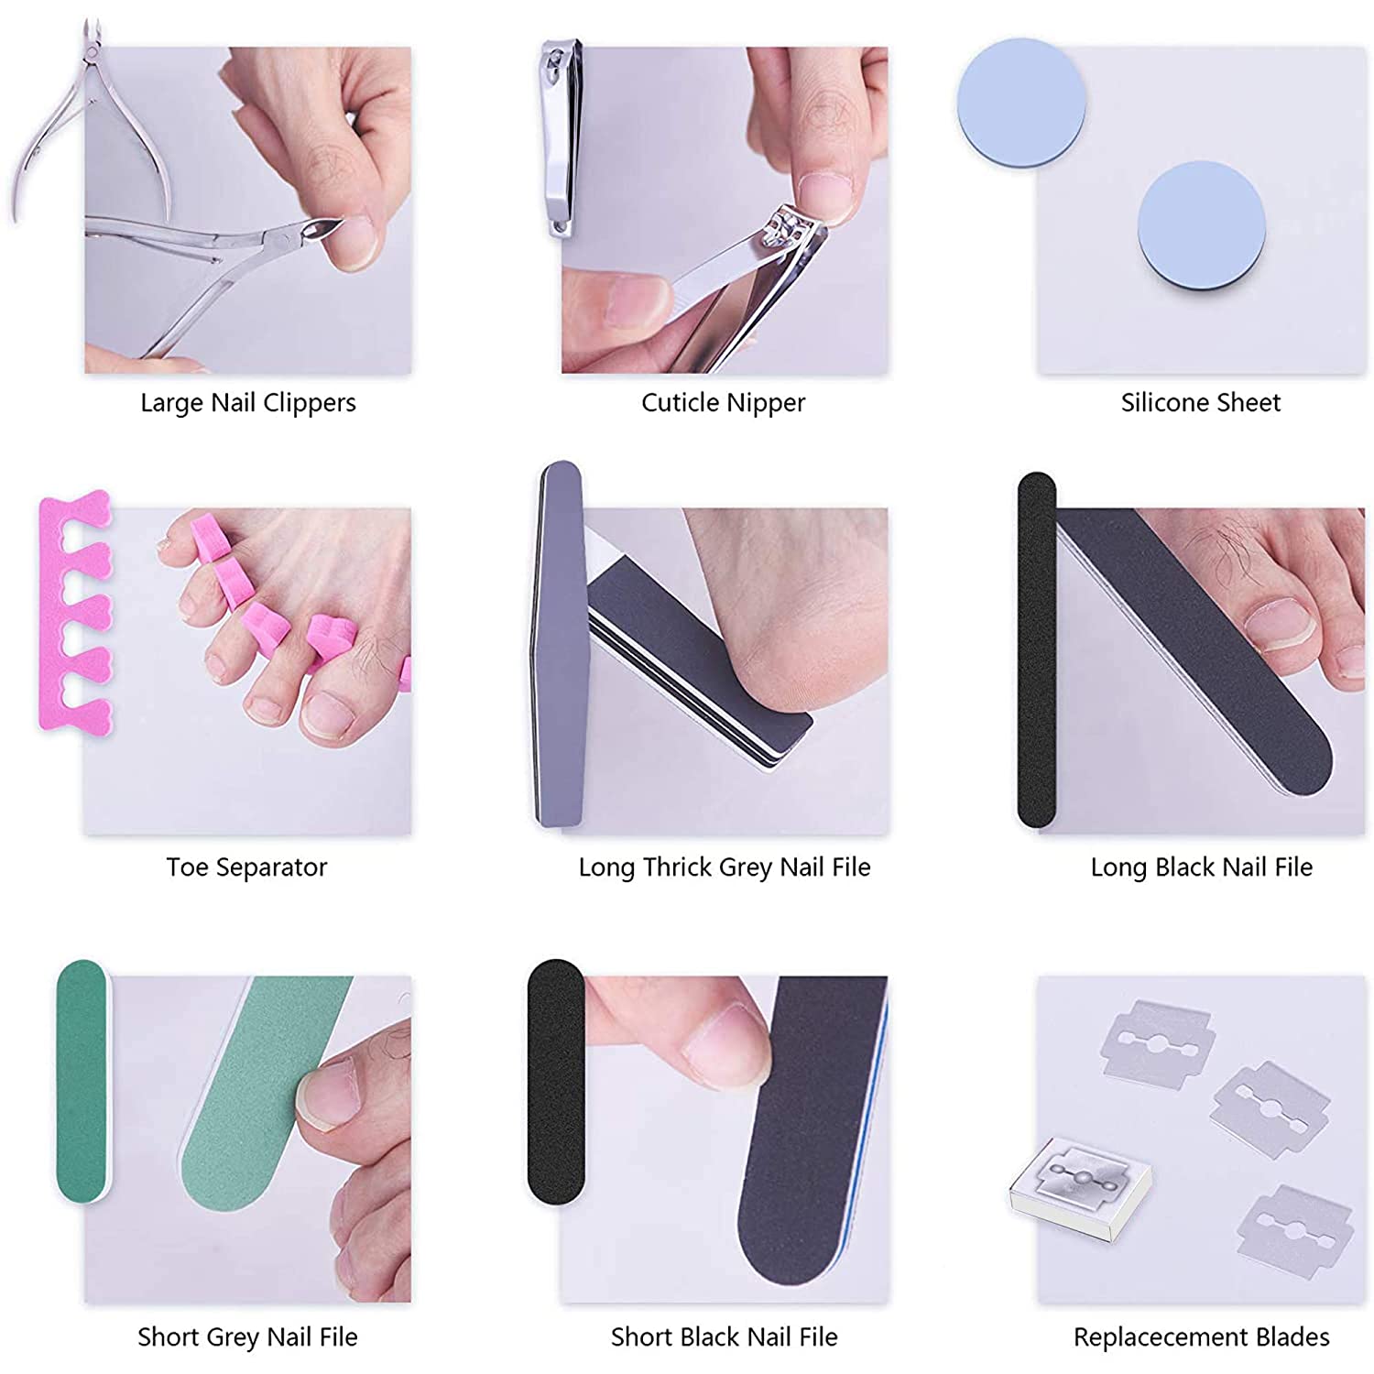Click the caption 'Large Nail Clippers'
[x=247, y=403]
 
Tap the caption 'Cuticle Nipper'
[x=723, y=403]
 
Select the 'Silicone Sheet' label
[x=1200, y=403]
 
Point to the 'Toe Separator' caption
[x=246, y=867]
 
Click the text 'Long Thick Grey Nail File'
[x=724, y=867]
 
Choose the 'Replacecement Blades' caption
[x=1201, y=1337]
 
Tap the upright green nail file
[x=82, y=1081]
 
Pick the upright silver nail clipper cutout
[x=561, y=137]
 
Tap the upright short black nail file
[x=555, y=1081]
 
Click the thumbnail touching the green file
[x=322, y=1095]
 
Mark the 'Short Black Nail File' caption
[x=724, y=1337]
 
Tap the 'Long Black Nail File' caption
[x=1201, y=867]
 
